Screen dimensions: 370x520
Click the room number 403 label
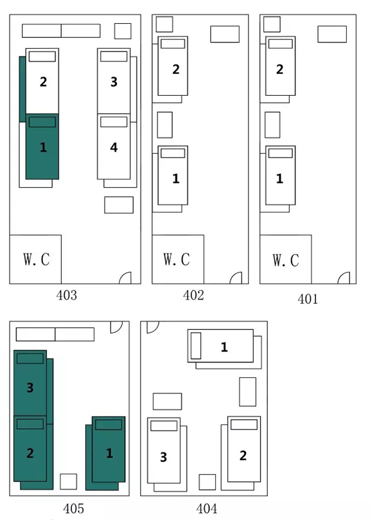(66, 295)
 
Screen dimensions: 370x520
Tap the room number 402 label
(193, 295)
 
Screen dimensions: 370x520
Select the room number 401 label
(308, 299)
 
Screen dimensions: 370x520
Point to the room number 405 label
(73, 508)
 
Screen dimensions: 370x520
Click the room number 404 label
(207, 508)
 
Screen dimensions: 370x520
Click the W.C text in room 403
(37, 259)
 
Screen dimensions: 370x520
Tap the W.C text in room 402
(177, 259)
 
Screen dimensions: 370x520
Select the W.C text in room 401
(286, 260)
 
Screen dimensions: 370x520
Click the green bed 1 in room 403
(42, 147)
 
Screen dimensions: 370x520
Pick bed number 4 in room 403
(114, 147)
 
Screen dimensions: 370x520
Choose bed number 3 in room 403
(114, 81)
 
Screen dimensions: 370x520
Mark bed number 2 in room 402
(173, 66)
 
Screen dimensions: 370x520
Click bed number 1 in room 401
(280, 175)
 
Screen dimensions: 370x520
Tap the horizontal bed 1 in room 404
(220, 346)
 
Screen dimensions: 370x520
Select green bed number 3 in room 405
(30, 383)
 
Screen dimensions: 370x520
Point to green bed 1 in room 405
(109, 449)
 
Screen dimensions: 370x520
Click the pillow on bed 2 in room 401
(281, 44)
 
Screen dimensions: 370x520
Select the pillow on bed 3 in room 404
(164, 426)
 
